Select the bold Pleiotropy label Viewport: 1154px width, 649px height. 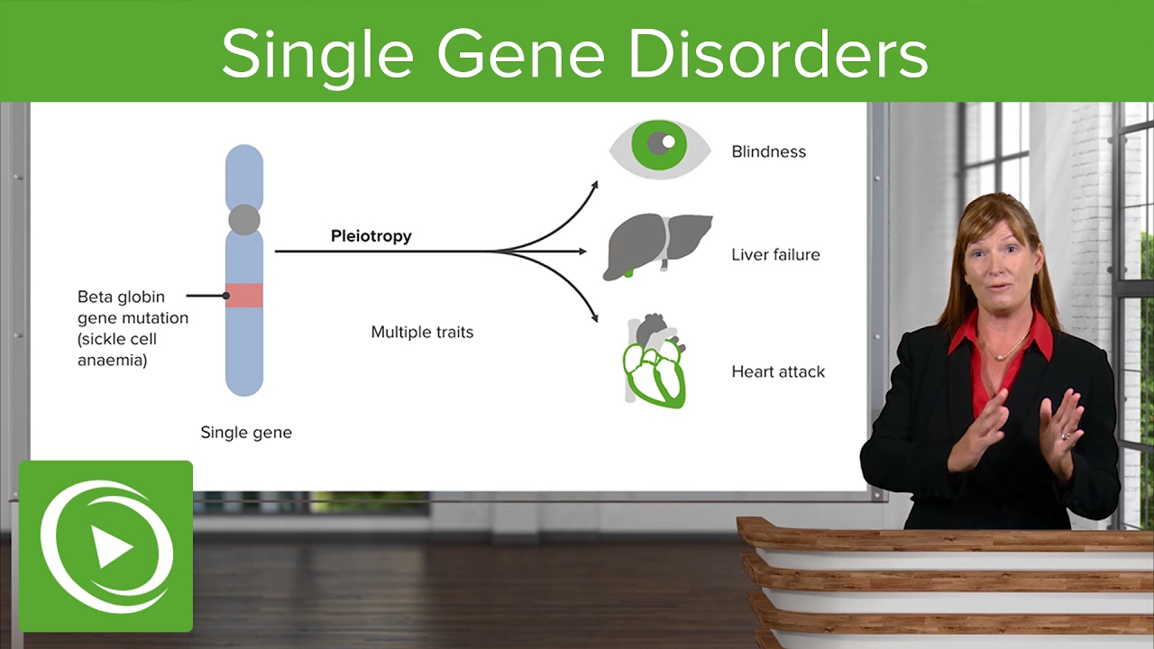click(x=371, y=236)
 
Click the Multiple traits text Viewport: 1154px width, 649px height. click(x=422, y=333)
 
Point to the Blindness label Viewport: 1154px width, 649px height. click(x=768, y=151)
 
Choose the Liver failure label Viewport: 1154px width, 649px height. click(x=775, y=255)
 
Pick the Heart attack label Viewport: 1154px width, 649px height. click(x=777, y=371)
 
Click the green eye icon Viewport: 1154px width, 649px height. click(x=660, y=145)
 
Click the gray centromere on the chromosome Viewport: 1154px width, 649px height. click(x=244, y=219)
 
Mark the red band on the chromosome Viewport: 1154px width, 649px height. click(x=244, y=296)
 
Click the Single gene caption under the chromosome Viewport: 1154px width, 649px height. click(x=246, y=433)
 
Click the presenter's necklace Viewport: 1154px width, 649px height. click(x=1008, y=350)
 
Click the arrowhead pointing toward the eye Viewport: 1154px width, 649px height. click(x=594, y=185)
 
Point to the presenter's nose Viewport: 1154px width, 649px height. click(x=993, y=267)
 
